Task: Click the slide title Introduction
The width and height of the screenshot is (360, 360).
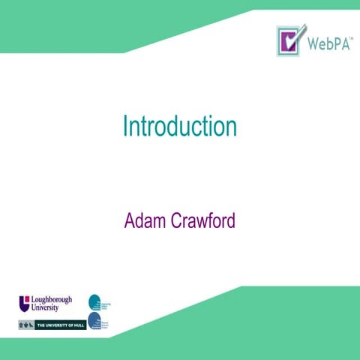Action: tap(180, 127)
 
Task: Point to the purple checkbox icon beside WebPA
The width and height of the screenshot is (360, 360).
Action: tap(289, 40)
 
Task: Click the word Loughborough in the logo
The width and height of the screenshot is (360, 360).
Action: tap(51, 299)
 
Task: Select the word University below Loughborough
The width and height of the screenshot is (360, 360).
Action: tap(45, 307)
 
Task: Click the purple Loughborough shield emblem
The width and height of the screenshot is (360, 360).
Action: tap(24, 303)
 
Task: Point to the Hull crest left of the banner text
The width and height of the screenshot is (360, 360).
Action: tap(27, 325)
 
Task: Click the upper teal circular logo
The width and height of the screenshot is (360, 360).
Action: tap(94, 301)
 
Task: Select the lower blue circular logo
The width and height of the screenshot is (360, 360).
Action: tap(94, 322)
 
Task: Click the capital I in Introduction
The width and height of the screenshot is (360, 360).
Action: tap(125, 127)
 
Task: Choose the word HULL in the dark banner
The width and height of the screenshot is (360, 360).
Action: tap(76, 325)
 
